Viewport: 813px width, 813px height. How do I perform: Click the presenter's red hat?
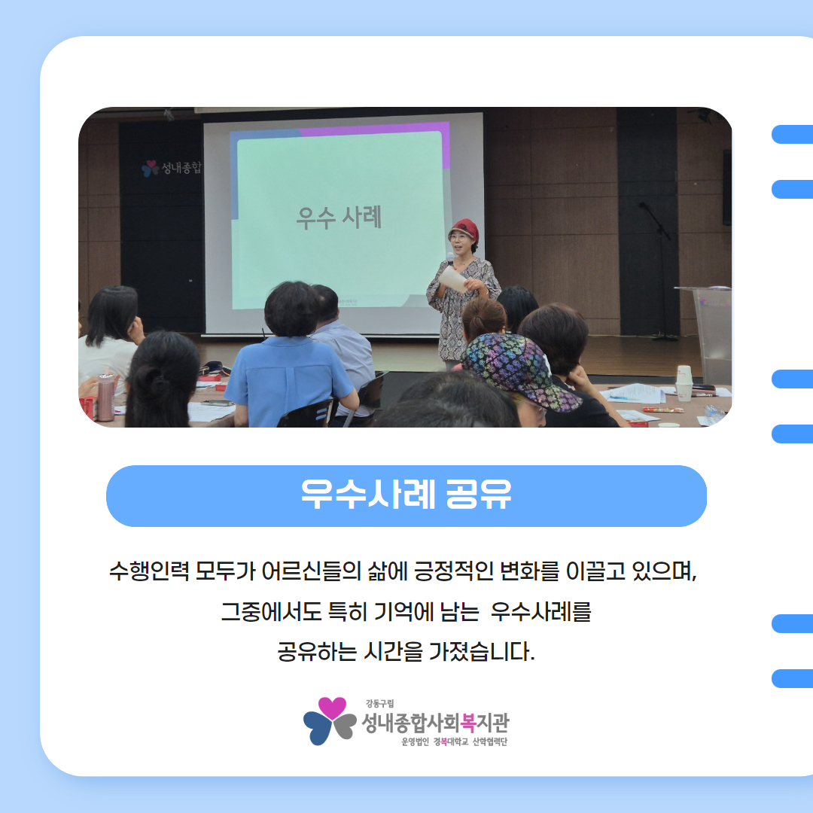click(464, 229)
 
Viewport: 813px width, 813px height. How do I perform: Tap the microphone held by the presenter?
click(450, 257)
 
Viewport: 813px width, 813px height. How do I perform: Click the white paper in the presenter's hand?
click(452, 279)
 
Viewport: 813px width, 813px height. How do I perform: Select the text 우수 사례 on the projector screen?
click(339, 217)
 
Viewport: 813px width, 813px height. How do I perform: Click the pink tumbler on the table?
click(106, 397)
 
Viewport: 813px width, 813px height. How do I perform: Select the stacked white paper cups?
click(684, 382)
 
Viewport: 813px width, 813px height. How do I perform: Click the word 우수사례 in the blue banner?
click(367, 494)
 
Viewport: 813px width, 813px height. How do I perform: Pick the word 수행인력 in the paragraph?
click(149, 571)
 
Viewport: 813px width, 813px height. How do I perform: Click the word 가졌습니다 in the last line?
click(482, 652)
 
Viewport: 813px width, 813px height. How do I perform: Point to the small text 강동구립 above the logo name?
click(379, 704)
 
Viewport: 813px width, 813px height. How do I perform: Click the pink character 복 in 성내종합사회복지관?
click(467, 723)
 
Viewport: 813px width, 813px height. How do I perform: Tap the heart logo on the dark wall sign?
click(151, 168)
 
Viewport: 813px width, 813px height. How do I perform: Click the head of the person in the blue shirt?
click(291, 309)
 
